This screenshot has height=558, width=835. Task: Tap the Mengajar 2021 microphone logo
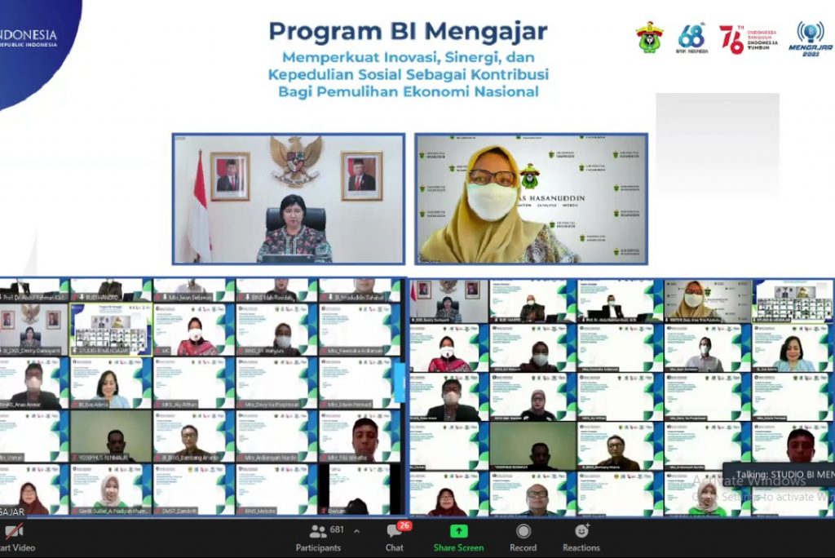click(810, 38)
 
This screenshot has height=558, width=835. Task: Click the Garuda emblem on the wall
click(295, 159)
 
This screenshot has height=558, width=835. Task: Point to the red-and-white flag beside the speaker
click(198, 208)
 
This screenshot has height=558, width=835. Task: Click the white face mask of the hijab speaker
click(492, 201)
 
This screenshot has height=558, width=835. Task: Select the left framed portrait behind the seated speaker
click(229, 176)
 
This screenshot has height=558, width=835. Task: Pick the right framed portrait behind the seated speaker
click(361, 175)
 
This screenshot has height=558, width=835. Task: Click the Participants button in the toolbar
click(318, 538)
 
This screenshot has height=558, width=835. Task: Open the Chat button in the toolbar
click(395, 538)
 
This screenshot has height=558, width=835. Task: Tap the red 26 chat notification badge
click(404, 525)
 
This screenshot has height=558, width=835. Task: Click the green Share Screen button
click(458, 538)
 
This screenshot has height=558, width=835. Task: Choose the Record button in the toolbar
click(524, 538)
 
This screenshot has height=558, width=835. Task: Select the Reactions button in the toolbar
click(581, 538)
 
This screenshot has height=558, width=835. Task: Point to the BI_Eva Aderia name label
click(95, 404)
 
